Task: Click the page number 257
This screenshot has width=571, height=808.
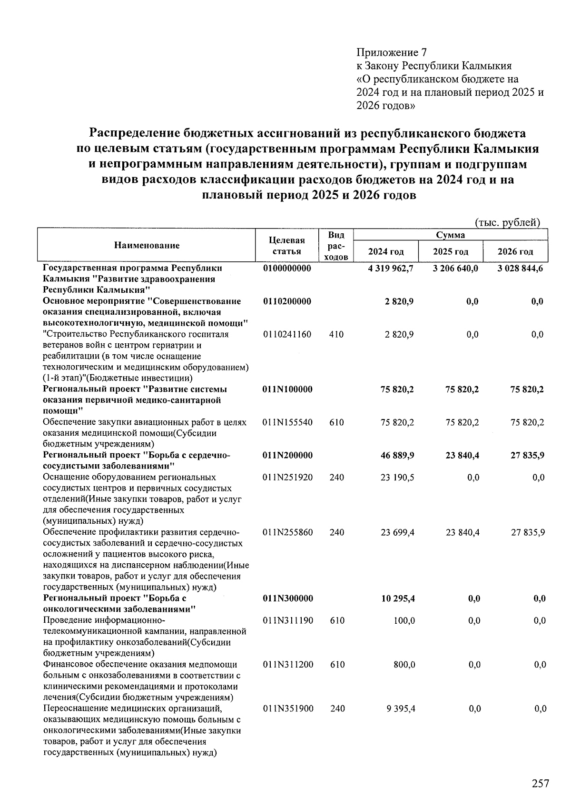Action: point(540,784)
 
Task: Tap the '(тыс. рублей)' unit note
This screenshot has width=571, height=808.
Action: point(507,222)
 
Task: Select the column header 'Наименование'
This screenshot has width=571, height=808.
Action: point(147,246)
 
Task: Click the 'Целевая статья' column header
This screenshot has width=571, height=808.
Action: point(286,246)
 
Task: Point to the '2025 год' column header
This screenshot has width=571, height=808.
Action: point(450,252)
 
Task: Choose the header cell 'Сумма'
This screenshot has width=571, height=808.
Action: point(450,235)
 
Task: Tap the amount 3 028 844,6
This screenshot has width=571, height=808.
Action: point(520,268)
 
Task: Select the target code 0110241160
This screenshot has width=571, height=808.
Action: point(287,334)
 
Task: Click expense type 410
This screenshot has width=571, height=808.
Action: point(336,334)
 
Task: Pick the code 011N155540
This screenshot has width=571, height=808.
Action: point(287,422)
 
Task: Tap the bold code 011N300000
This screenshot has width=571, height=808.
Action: point(287,599)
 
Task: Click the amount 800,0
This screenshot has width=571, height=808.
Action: point(404,665)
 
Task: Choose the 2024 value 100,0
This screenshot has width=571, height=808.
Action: point(404,620)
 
